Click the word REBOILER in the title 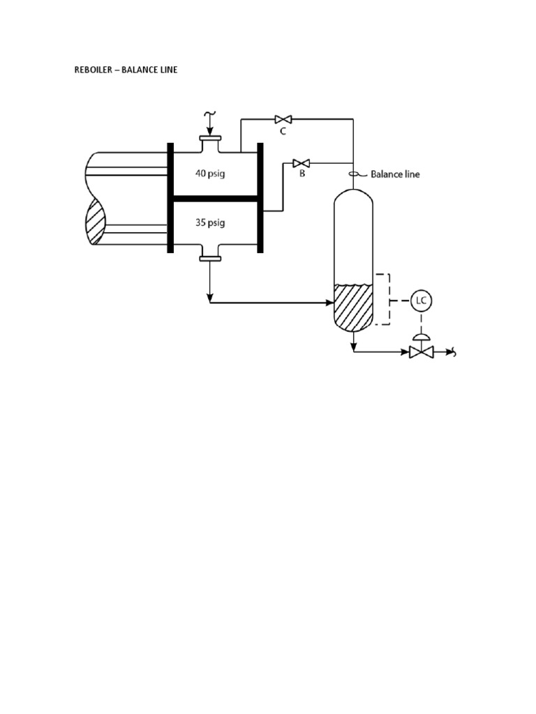click(x=94, y=70)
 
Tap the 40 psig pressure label click(x=210, y=174)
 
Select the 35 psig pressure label click(x=210, y=223)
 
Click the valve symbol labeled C click(x=283, y=120)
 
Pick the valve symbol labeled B click(x=301, y=163)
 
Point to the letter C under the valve click(x=283, y=131)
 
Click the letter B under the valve click(x=302, y=174)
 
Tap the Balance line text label click(x=395, y=174)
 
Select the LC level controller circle click(x=421, y=301)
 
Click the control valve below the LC click(x=421, y=351)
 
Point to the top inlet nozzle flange click(x=210, y=138)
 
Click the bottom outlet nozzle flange click(x=210, y=259)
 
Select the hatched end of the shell click(x=96, y=222)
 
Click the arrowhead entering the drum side click(x=330, y=303)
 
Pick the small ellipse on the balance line click(x=353, y=174)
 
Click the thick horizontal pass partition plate click(x=215, y=199)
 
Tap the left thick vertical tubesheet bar click(x=170, y=198)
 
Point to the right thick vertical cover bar click(x=260, y=198)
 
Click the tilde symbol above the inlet click(x=209, y=114)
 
